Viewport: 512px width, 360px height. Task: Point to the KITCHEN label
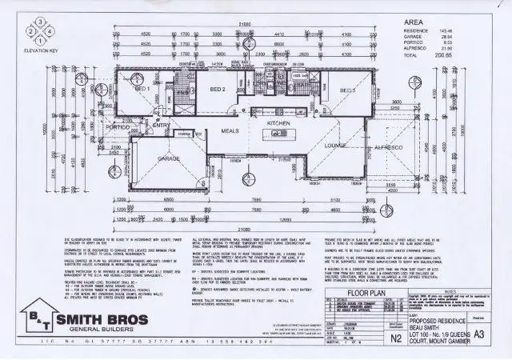tap(278, 124)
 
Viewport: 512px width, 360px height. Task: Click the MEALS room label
tap(230, 130)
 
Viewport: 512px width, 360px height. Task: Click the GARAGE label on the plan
tap(168, 159)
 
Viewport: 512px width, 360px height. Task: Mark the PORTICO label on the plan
tap(118, 127)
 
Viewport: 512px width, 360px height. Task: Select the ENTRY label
tap(160, 126)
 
